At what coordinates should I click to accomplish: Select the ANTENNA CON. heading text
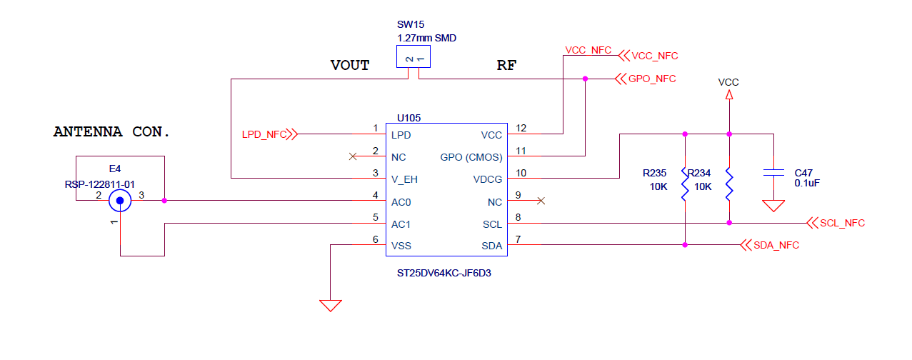(112, 132)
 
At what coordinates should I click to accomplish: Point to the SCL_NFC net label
(842, 223)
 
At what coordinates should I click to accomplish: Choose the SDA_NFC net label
(776, 245)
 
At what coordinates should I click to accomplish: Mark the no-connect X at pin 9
(541, 201)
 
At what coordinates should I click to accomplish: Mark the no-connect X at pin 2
(351, 156)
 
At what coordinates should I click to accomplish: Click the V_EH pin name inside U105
(404, 179)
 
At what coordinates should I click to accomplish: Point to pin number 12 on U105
(521, 129)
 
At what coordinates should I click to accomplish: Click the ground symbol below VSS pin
(330, 305)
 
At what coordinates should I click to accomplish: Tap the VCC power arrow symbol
(728, 95)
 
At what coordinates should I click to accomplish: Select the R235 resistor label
(655, 173)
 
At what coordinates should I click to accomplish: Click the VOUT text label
(349, 66)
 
